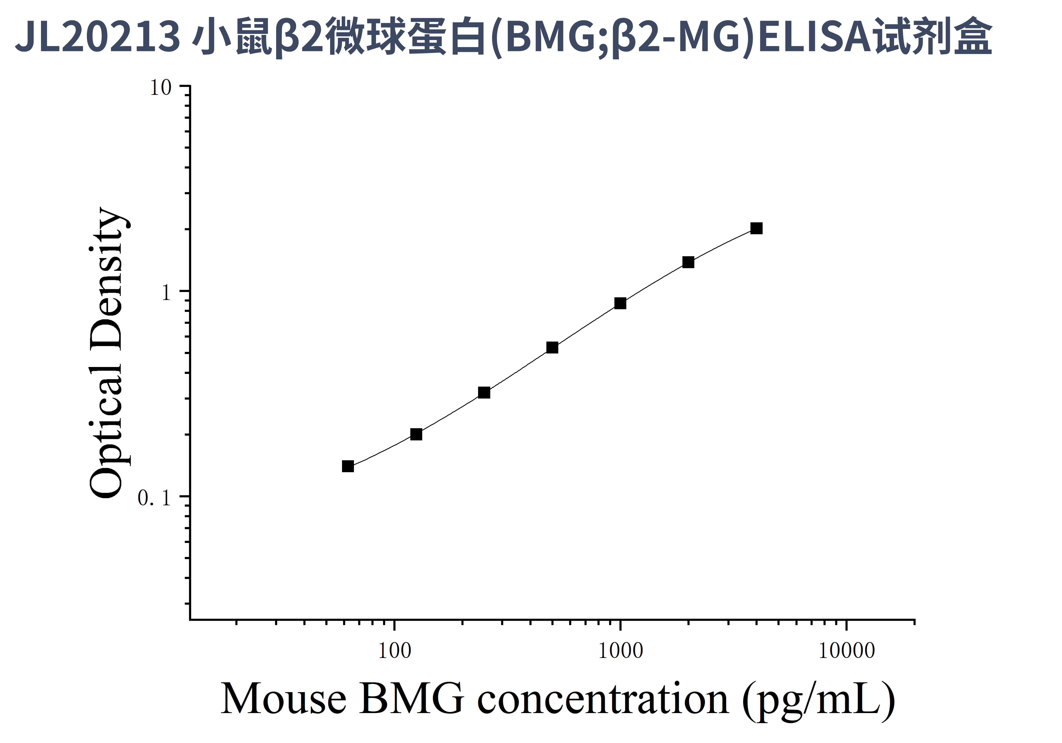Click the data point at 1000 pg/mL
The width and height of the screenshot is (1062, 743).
[620, 303]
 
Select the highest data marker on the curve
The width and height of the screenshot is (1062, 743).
[756, 228]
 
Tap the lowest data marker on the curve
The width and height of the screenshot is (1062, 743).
[348, 466]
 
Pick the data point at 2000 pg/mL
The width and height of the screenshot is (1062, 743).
[688, 262]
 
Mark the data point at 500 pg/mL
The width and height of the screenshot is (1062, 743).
[552, 348]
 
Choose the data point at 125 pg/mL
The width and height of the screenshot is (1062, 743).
[416, 434]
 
